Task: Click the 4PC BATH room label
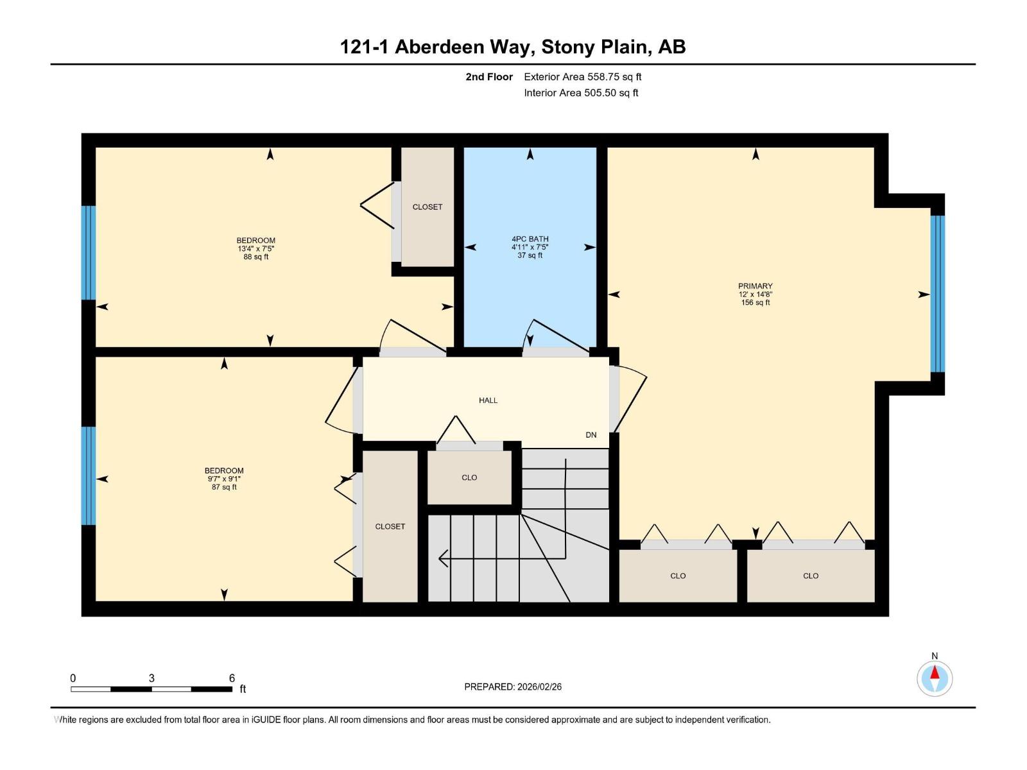point(530,239)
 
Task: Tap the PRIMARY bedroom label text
point(755,286)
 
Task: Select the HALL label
point(488,400)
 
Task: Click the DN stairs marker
point(591,435)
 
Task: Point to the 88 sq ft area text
point(255,257)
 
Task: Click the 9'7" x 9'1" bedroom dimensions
point(224,479)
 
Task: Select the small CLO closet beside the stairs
point(469,477)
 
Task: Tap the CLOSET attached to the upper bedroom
point(427,207)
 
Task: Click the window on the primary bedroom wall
point(937,294)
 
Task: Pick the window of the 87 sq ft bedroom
point(89,475)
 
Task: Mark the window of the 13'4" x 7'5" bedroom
point(89,253)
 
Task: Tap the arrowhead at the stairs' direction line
point(443,558)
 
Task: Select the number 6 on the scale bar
point(232,678)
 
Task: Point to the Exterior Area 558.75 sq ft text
point(582,77)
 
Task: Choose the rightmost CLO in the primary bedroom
point(810,576)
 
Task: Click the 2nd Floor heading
point(489,77)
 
